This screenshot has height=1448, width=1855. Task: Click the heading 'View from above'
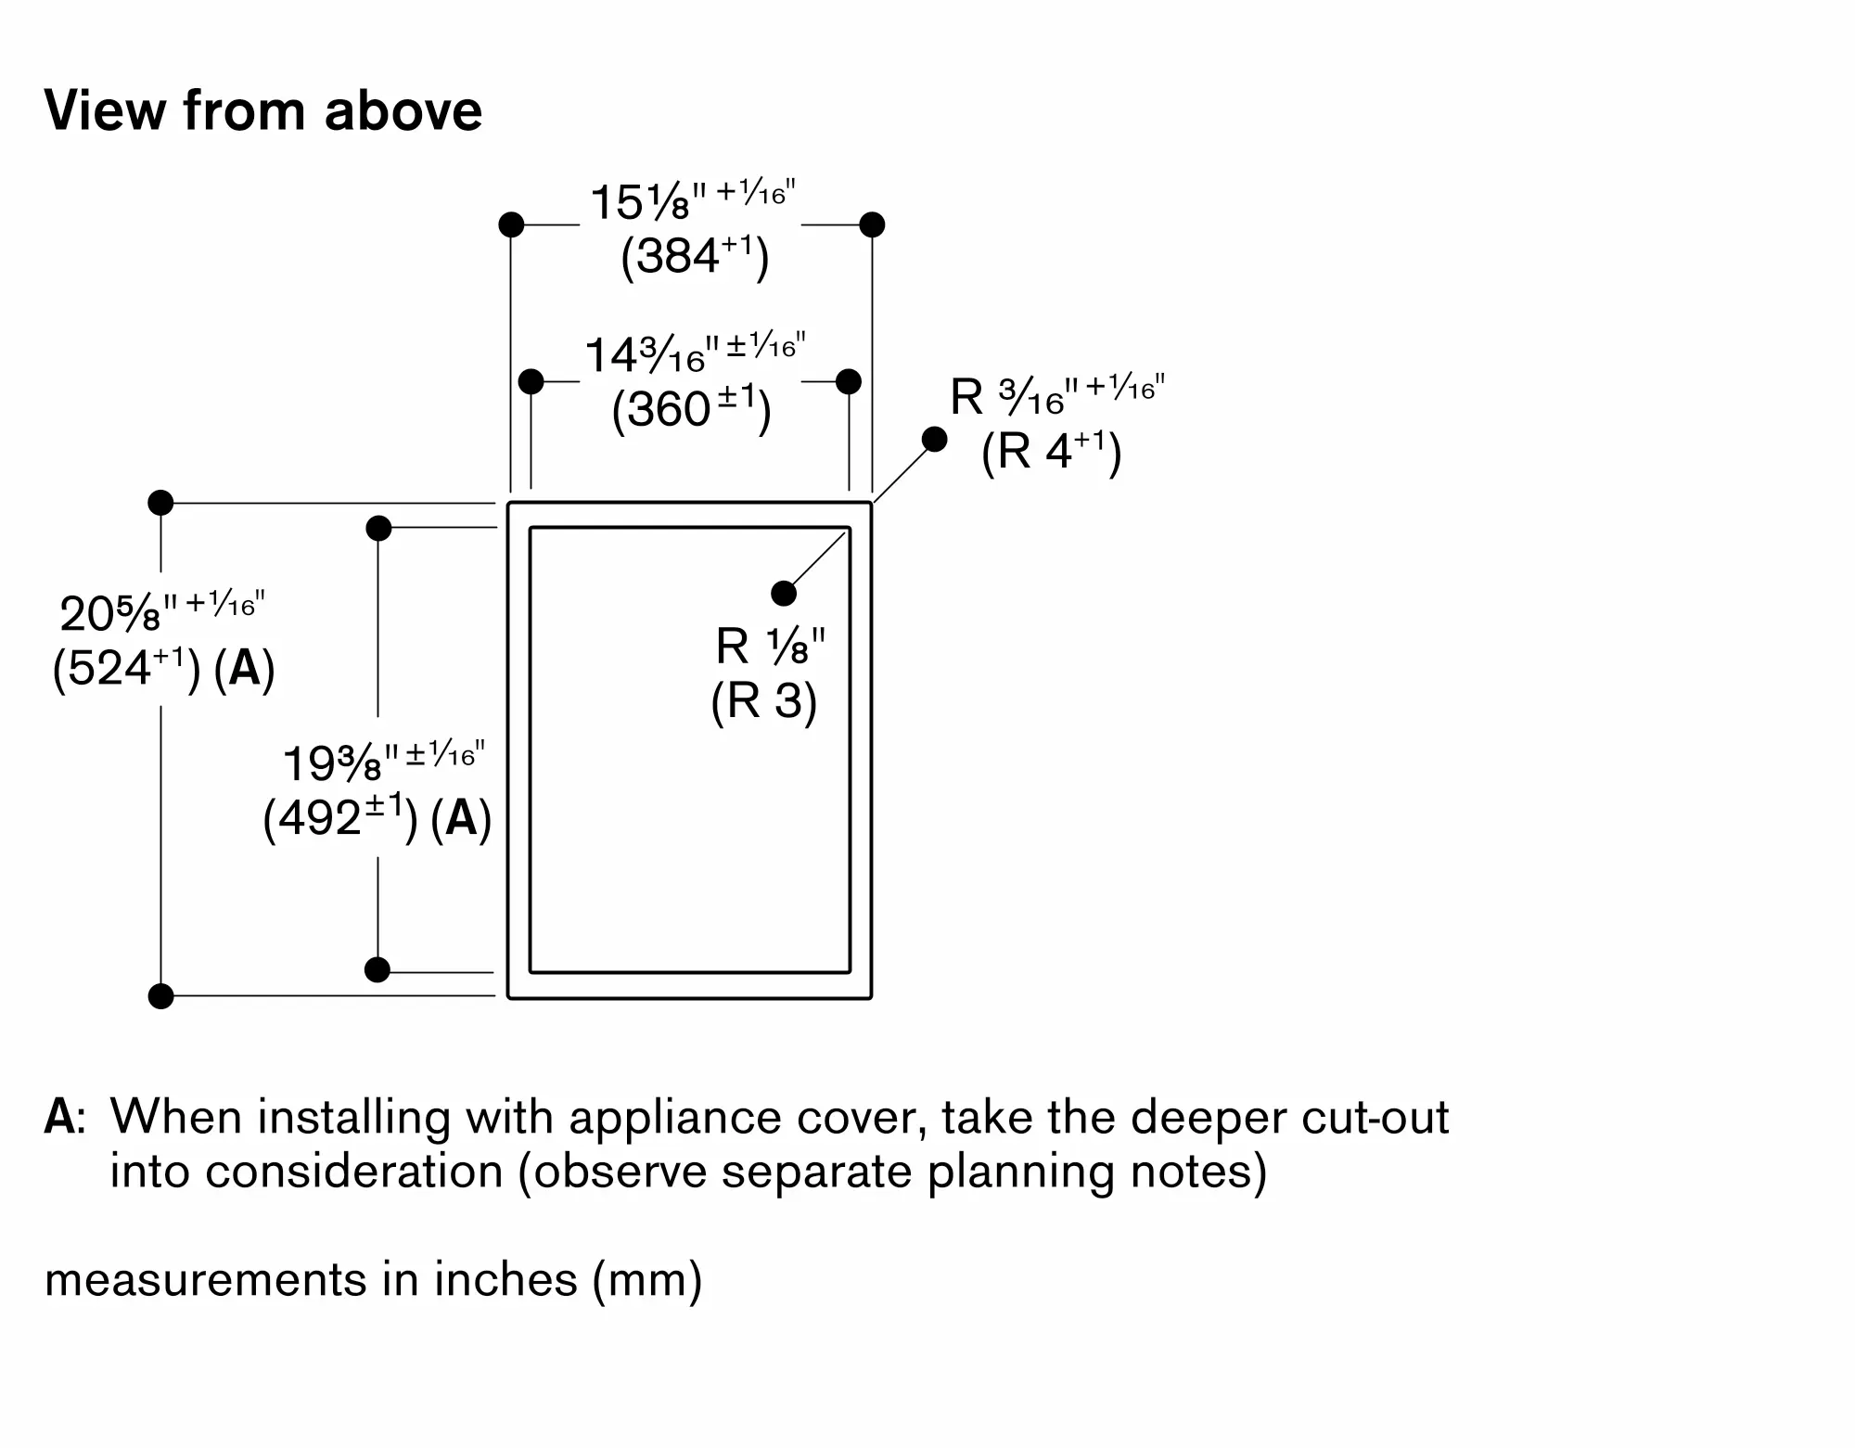click(263, 111)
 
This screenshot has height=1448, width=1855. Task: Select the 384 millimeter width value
click(695, 256)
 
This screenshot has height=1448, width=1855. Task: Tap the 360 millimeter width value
click(691, 409)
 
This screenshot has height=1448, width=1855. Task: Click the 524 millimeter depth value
click(125, 668)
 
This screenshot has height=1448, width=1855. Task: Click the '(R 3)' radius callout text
click(763, 700)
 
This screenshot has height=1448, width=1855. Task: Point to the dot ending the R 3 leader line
click(784, 593)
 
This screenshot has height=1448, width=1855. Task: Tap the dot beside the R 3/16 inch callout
click(935, 439)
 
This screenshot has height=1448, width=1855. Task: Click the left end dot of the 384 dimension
click(511, 224)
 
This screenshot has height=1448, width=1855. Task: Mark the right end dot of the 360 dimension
click(849, 381)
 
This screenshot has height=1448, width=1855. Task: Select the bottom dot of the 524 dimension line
click(161, 996)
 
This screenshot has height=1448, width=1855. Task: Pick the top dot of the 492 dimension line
click(378, 529)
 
